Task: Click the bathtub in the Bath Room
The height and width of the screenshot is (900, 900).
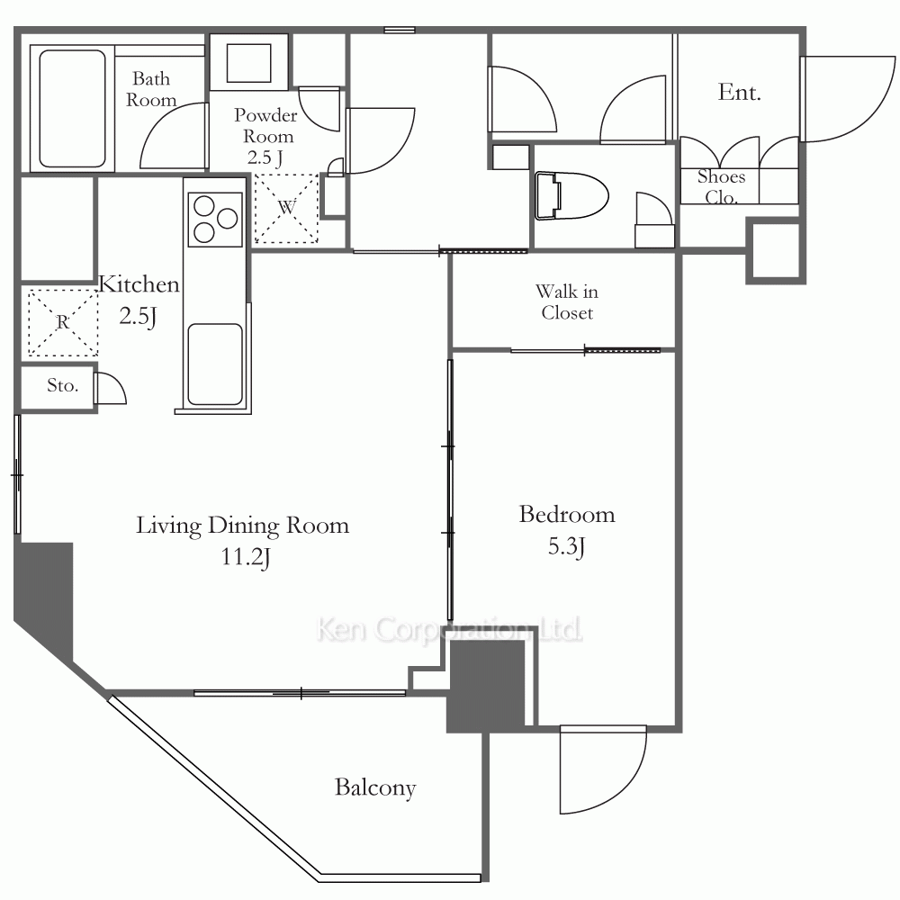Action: (x=72, y=109)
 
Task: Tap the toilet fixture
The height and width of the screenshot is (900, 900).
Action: (x=571, y=195)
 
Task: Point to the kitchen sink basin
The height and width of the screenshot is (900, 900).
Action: (x=215, y=364)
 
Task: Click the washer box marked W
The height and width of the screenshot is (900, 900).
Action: (x=286, y=208)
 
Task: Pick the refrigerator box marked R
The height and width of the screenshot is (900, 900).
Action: (x=63, y=322)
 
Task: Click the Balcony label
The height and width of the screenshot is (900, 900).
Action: (x=375, y=787)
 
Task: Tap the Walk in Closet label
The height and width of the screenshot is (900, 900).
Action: (x=567, y=301)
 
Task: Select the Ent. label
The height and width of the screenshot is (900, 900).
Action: (x=739, y=93)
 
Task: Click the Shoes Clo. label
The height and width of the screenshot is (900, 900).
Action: (x=721, y=186)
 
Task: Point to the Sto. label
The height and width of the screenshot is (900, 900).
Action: (x=63, y=385)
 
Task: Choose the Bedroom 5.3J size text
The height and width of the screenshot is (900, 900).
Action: (x=566, y=546)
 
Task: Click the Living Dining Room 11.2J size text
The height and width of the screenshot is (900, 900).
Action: (x=246, y=557)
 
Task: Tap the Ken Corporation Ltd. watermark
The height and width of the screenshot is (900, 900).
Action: (x=449, y=630)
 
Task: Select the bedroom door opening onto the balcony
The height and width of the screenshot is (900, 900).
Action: (x=603, y=769)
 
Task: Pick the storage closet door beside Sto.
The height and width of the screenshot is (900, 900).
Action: (x=110, y=387)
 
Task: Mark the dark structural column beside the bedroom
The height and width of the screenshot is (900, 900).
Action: (x=486, y=686)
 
